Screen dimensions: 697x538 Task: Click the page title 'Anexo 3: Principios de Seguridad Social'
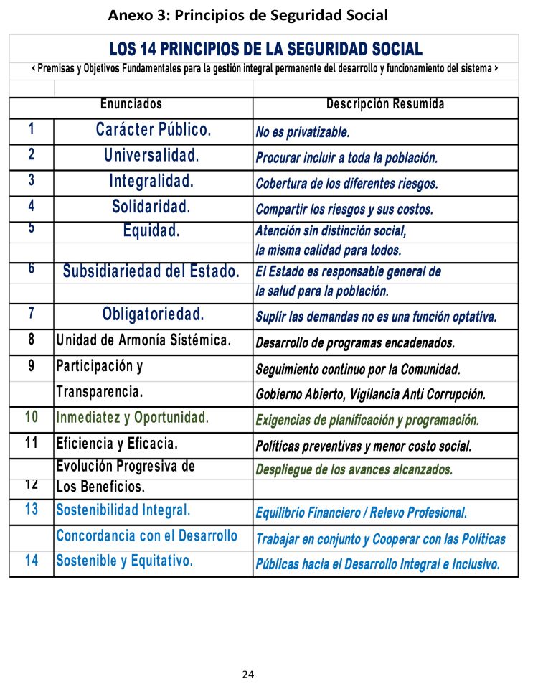point(248,14)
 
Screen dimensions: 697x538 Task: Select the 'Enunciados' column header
point(131,105)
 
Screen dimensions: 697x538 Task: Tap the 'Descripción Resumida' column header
point(385,105)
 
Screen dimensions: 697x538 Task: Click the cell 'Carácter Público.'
point(154,130)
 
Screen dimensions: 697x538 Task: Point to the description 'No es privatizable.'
point(303,133)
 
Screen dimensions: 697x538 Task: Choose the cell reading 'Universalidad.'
point(151,155)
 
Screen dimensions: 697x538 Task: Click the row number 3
point(32,181)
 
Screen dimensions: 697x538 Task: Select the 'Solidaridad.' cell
point(151,207)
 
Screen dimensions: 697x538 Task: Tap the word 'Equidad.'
point(151,231)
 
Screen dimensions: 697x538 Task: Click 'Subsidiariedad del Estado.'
point(151,272)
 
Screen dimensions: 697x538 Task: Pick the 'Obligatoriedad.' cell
point(154,314)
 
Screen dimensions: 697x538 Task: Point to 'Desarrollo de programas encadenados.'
point(355,342)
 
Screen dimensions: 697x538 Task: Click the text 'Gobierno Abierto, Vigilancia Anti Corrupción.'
point(370,395)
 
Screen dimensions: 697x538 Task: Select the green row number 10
point(32,417)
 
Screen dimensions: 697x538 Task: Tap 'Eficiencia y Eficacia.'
point(117,443)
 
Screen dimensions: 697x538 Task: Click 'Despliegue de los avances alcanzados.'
point(354,469)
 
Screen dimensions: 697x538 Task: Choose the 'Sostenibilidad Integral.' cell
point(123,511)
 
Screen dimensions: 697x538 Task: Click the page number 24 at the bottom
point(248,674)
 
